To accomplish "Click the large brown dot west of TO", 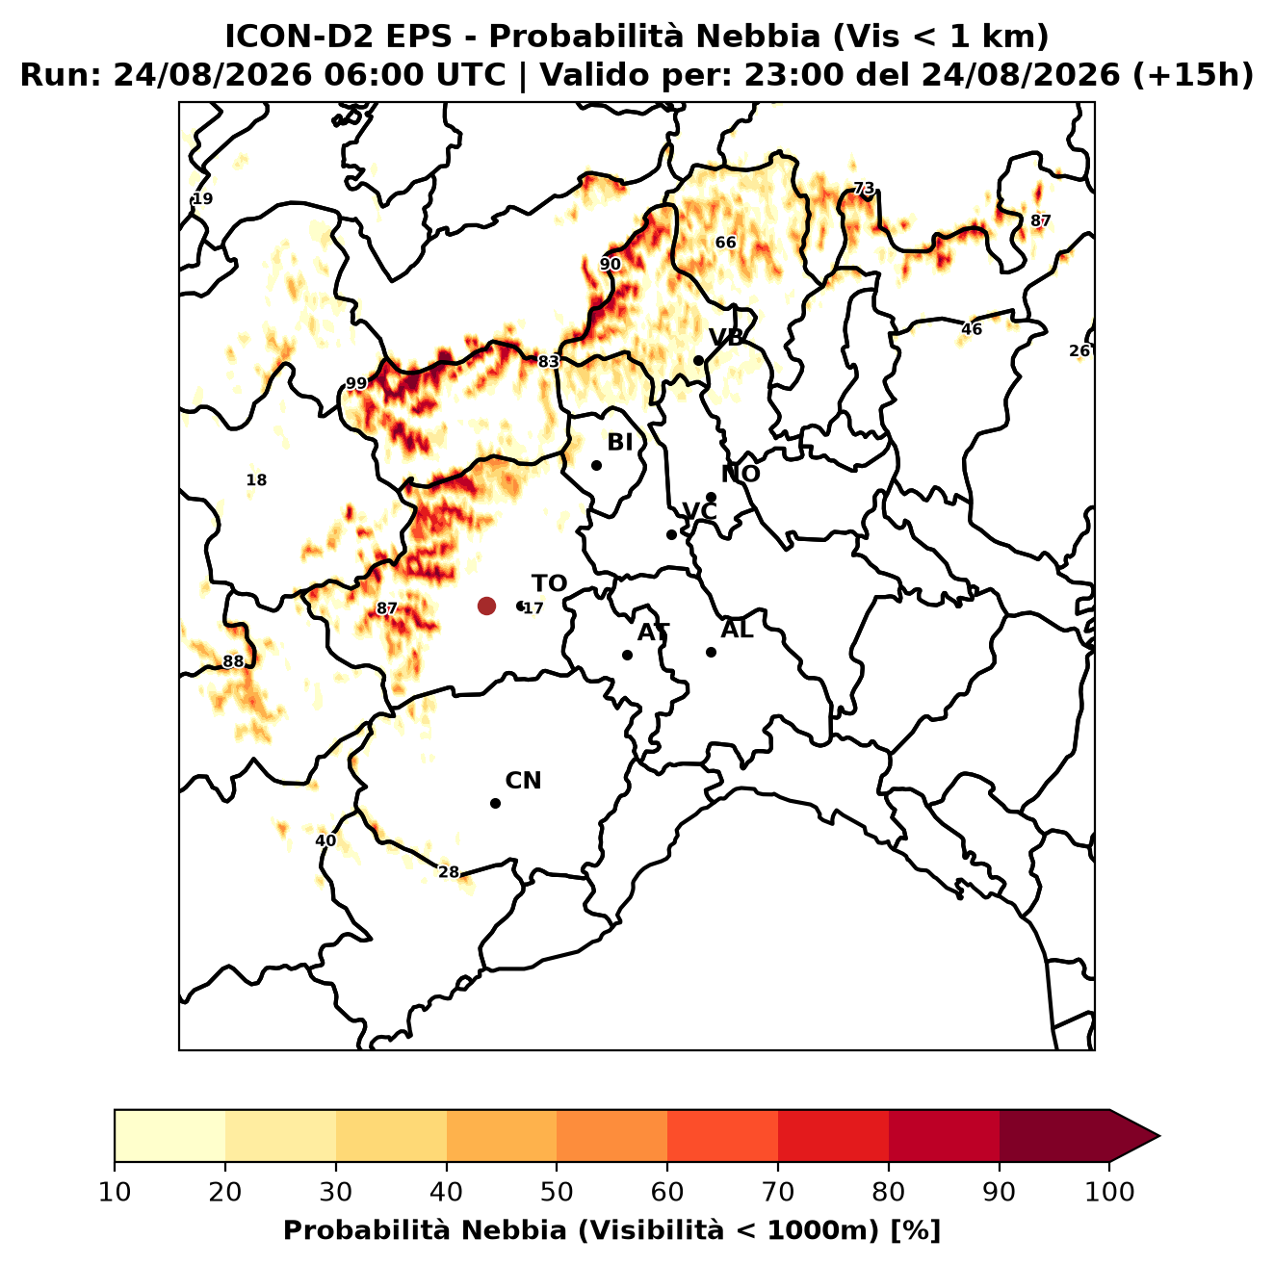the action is coord(486,605).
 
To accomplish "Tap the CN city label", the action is coord(523,781).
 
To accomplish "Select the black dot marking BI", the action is coord(596,466).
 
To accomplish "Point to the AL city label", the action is coord(737,630).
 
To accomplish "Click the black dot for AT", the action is coord(627,655).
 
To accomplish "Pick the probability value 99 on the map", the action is coord(356,383).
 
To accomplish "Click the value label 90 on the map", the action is coord(611,265).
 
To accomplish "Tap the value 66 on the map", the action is coord(725,243).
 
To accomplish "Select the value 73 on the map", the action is coord(864,189).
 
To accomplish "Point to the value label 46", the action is coord(972,329).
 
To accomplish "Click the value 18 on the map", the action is coord(256,480).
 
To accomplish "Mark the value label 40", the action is coord(325,840).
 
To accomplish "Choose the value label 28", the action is coord(448,872).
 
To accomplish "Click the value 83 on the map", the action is coord(548,362).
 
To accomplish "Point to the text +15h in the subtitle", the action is coord(1193,75).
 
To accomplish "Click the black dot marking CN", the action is coord(495,803).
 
